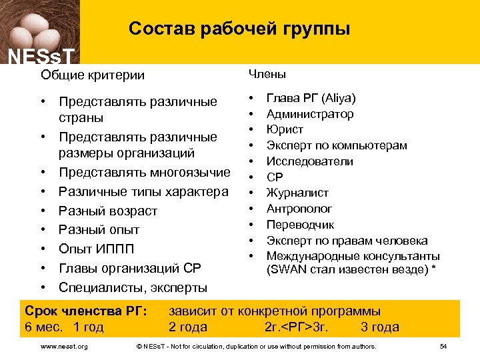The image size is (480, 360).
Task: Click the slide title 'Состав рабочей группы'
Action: (x=239, y=29)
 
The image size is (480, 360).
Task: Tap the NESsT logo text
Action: (x=41, y=57)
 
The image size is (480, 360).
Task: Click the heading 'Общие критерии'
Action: (x=92, y=75)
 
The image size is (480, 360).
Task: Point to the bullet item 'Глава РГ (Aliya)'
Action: (x=311, y=98)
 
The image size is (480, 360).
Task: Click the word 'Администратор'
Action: (x=310, y=114)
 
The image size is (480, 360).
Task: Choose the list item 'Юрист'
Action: (x=285, y=129)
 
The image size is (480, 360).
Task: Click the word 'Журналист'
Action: (x=297, y=193)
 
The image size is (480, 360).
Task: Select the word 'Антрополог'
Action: (x=299, y=209)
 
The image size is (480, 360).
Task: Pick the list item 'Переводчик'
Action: (x=300, y=225)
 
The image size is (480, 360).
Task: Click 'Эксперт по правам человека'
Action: (x=347, y=241)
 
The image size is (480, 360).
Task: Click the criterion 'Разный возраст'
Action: (x=108, y=211)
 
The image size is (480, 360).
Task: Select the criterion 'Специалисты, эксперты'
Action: (x=133, y=287)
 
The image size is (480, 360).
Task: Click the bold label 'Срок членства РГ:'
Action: (x=85, y=311)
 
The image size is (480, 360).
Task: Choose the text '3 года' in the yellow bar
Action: (x=379, y=327)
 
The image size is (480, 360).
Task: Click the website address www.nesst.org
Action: (x=64, y=347)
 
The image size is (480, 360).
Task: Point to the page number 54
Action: (x=443, y=347)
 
